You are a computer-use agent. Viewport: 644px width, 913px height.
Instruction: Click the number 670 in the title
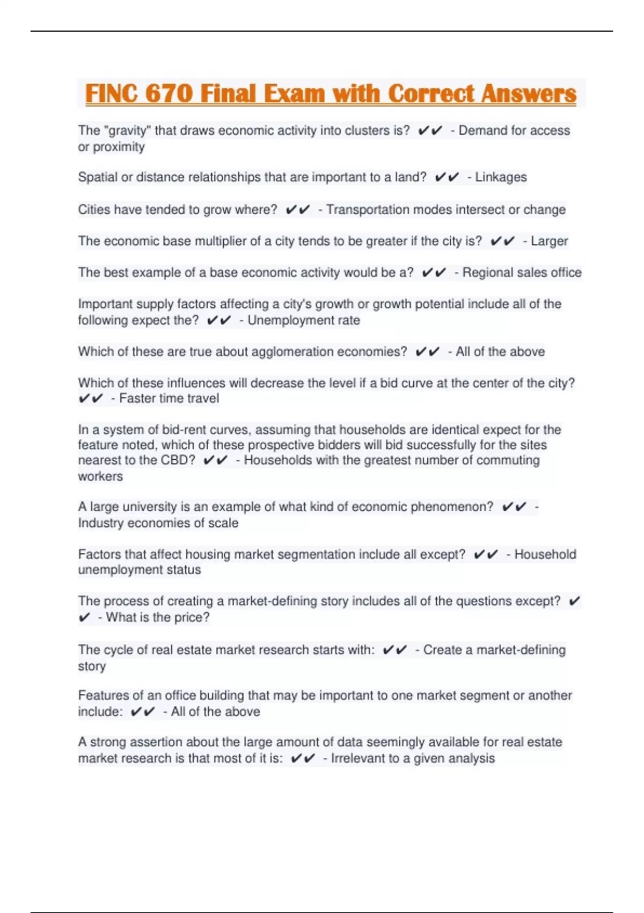pyautogui.click(x=169, y=93)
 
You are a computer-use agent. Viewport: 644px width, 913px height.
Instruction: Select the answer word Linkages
pyautogui.click(x=501, y=177)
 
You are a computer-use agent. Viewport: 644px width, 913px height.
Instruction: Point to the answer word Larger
pyautogui.click(x=549, y=241)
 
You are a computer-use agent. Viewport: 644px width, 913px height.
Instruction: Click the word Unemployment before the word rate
pyautogui.click(x=290, y=321)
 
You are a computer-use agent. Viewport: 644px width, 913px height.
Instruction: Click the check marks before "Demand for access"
pyautogui.click(x=430, y=131)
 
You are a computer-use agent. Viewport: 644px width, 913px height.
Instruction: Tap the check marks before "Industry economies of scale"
pyautogui.click(x=514, y=507)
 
